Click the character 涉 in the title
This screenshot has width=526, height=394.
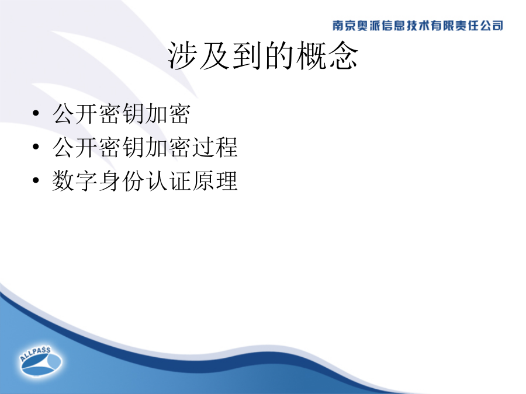coord(182,55)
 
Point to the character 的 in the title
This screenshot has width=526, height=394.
coord(279,55)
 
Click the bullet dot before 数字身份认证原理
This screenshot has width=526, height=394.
coord(36,180)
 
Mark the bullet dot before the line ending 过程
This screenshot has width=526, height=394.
coord(36,147)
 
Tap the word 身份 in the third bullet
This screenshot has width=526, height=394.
coord(122,181)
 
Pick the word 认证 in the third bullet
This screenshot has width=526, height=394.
coord(168,181)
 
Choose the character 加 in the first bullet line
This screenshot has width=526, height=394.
coord(157,114)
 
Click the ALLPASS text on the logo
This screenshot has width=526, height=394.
coord(35,354)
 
